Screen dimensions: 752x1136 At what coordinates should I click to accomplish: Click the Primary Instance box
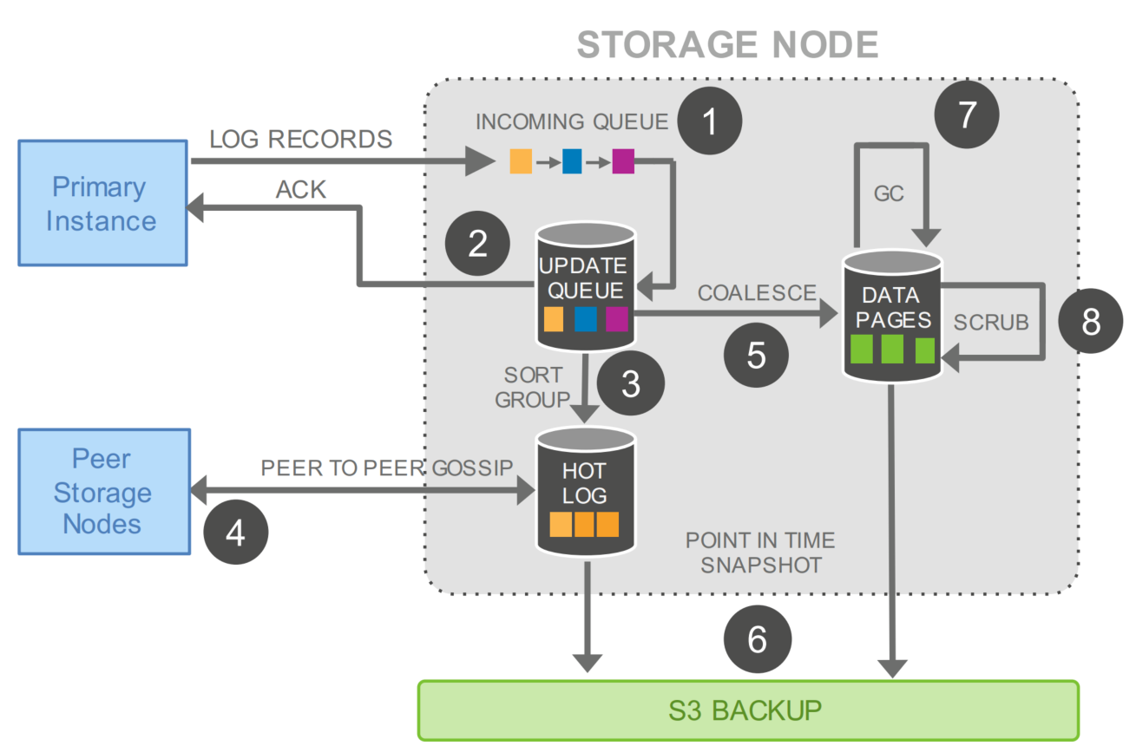(102, 203)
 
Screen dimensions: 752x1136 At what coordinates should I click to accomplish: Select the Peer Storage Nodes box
(102, 491)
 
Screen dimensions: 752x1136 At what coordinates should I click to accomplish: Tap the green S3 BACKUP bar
(748, 709)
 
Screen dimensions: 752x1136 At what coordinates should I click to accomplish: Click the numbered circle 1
(710, 122)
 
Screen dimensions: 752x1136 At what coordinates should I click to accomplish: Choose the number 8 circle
(1090, 321)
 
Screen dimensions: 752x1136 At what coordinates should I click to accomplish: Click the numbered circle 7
(967, 114)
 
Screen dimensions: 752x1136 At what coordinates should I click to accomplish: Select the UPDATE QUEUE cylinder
(587, 286)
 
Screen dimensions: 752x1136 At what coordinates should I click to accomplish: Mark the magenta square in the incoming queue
(623, 161)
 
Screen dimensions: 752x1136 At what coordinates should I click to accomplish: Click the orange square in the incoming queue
(521, 161)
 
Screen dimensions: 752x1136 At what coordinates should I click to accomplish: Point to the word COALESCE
(757, 293)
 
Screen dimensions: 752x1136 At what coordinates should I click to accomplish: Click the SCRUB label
(991, 322)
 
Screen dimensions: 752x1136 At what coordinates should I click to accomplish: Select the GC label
(890, 193)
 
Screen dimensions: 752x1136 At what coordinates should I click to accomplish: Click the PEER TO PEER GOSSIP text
(387, 468)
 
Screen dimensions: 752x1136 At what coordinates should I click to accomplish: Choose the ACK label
(300, 189)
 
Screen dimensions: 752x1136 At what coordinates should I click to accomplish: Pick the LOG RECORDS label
(300, 139)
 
